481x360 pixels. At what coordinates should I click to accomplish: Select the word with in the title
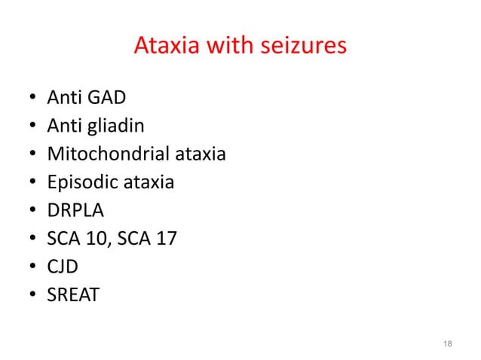[x=225, y=47]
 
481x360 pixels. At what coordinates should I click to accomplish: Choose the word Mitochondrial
[x=108, y=154]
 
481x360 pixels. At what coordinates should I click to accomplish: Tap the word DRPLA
[x=75, y=210]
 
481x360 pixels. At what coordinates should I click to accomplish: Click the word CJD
[x=63, y=267]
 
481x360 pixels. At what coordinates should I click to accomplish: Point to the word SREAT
[x=73, y=294]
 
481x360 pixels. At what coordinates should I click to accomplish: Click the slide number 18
[x=448, y=343]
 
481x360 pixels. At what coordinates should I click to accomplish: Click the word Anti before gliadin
[x=63, y=127]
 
